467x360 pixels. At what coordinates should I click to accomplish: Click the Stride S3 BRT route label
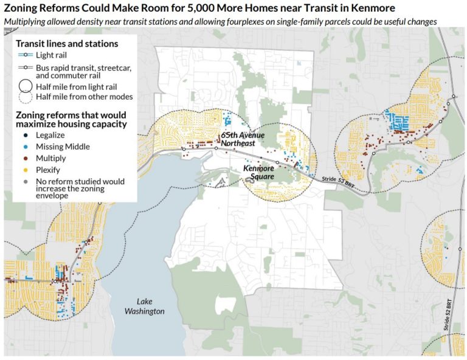[x=337, y=181]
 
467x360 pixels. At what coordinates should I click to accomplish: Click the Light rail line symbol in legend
[x=24, y=55]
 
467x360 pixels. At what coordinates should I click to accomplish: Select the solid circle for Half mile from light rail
[x=24, y=86]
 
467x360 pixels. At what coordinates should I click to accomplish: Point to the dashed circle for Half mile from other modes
[x=24, y=97]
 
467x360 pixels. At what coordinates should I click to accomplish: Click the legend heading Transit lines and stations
[x=67, y=44]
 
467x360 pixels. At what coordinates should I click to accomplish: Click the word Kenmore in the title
[x=372, y=9]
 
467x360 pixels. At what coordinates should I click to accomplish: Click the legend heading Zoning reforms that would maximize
[x=71, y=119]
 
